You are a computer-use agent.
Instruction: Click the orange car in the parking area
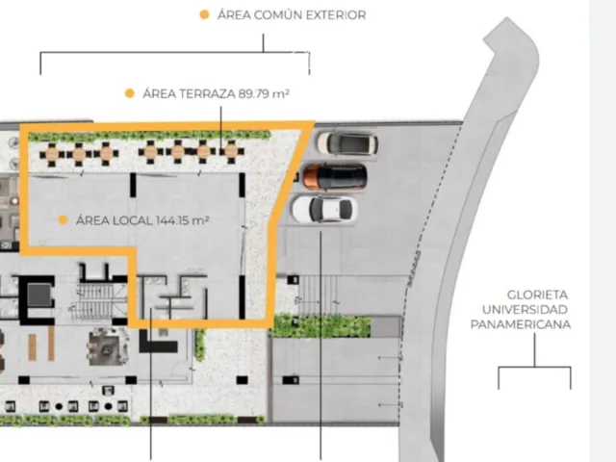tap(335, 177)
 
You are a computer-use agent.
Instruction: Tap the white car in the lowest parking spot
tap(324, 209)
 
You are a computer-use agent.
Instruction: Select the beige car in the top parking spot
tap(347, 143)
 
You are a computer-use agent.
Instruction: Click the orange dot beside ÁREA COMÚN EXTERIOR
tap(204, 14)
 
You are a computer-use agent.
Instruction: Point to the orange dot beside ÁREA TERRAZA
tap(130, 93)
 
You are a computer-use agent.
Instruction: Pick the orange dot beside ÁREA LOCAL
tap(63, 220)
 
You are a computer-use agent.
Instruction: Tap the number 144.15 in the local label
tap(172, 220)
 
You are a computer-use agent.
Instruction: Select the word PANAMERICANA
tap(521, 324)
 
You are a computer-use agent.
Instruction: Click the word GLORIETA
tap(537, 295)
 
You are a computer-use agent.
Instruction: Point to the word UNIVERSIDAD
tap(525, 310)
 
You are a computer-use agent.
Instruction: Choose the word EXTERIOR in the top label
tap(336, 15)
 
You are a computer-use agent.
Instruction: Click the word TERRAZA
tap(209, 94)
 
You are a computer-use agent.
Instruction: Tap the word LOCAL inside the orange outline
tap(133, 220)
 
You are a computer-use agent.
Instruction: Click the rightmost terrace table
tap(231, 151)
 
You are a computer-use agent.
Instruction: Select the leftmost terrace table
tap(52, 152)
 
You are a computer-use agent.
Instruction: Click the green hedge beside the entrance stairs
tap(321, 326)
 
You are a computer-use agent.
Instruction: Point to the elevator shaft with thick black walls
tap(38, 299)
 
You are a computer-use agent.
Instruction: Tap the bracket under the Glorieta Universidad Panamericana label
tap(535, 368)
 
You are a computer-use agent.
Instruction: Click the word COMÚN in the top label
tap(278, 15)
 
